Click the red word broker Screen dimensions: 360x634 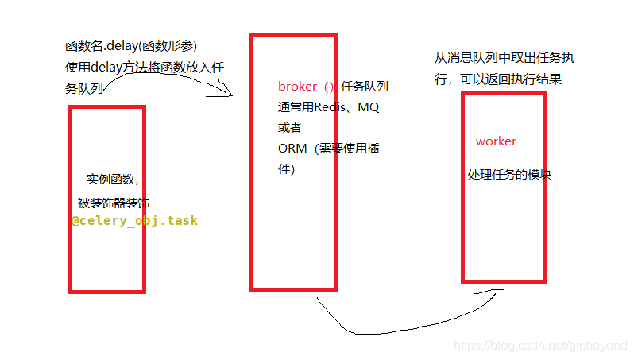(x=297, y=87)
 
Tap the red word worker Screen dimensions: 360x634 (x=496, y=141)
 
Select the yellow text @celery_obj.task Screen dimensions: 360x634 (x=134, y=221)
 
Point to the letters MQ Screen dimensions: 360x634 (x=369, y=107)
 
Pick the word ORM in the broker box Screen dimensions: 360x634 (x=291, y=149)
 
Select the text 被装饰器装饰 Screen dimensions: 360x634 (x=113, y=203)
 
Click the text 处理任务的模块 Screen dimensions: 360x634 (x=508, y=175)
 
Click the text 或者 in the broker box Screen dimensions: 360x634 (x=290, y=128)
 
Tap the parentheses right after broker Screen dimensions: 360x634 (x=327, y=87)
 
